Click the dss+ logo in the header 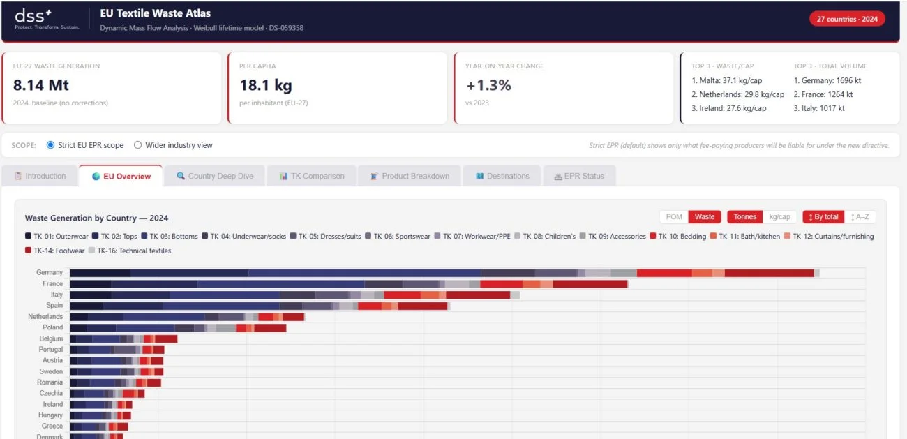[47, 19]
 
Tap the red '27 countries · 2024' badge [847, 19]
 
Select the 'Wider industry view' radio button [137, 145]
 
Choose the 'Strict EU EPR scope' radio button [50, 145]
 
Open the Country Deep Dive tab [215, 176]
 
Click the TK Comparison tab [312, 176]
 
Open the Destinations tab [502, 176]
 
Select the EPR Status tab [579, 176]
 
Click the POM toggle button [674, 217]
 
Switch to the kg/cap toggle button [779, 217]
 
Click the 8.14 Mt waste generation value [41, 85]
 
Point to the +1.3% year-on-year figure [488, 85]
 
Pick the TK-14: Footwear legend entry [54, 251]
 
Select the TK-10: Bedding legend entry [678, 236]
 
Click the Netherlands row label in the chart [45, 316]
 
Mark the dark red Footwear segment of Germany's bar [770, 273]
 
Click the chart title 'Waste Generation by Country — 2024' [96, 218]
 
